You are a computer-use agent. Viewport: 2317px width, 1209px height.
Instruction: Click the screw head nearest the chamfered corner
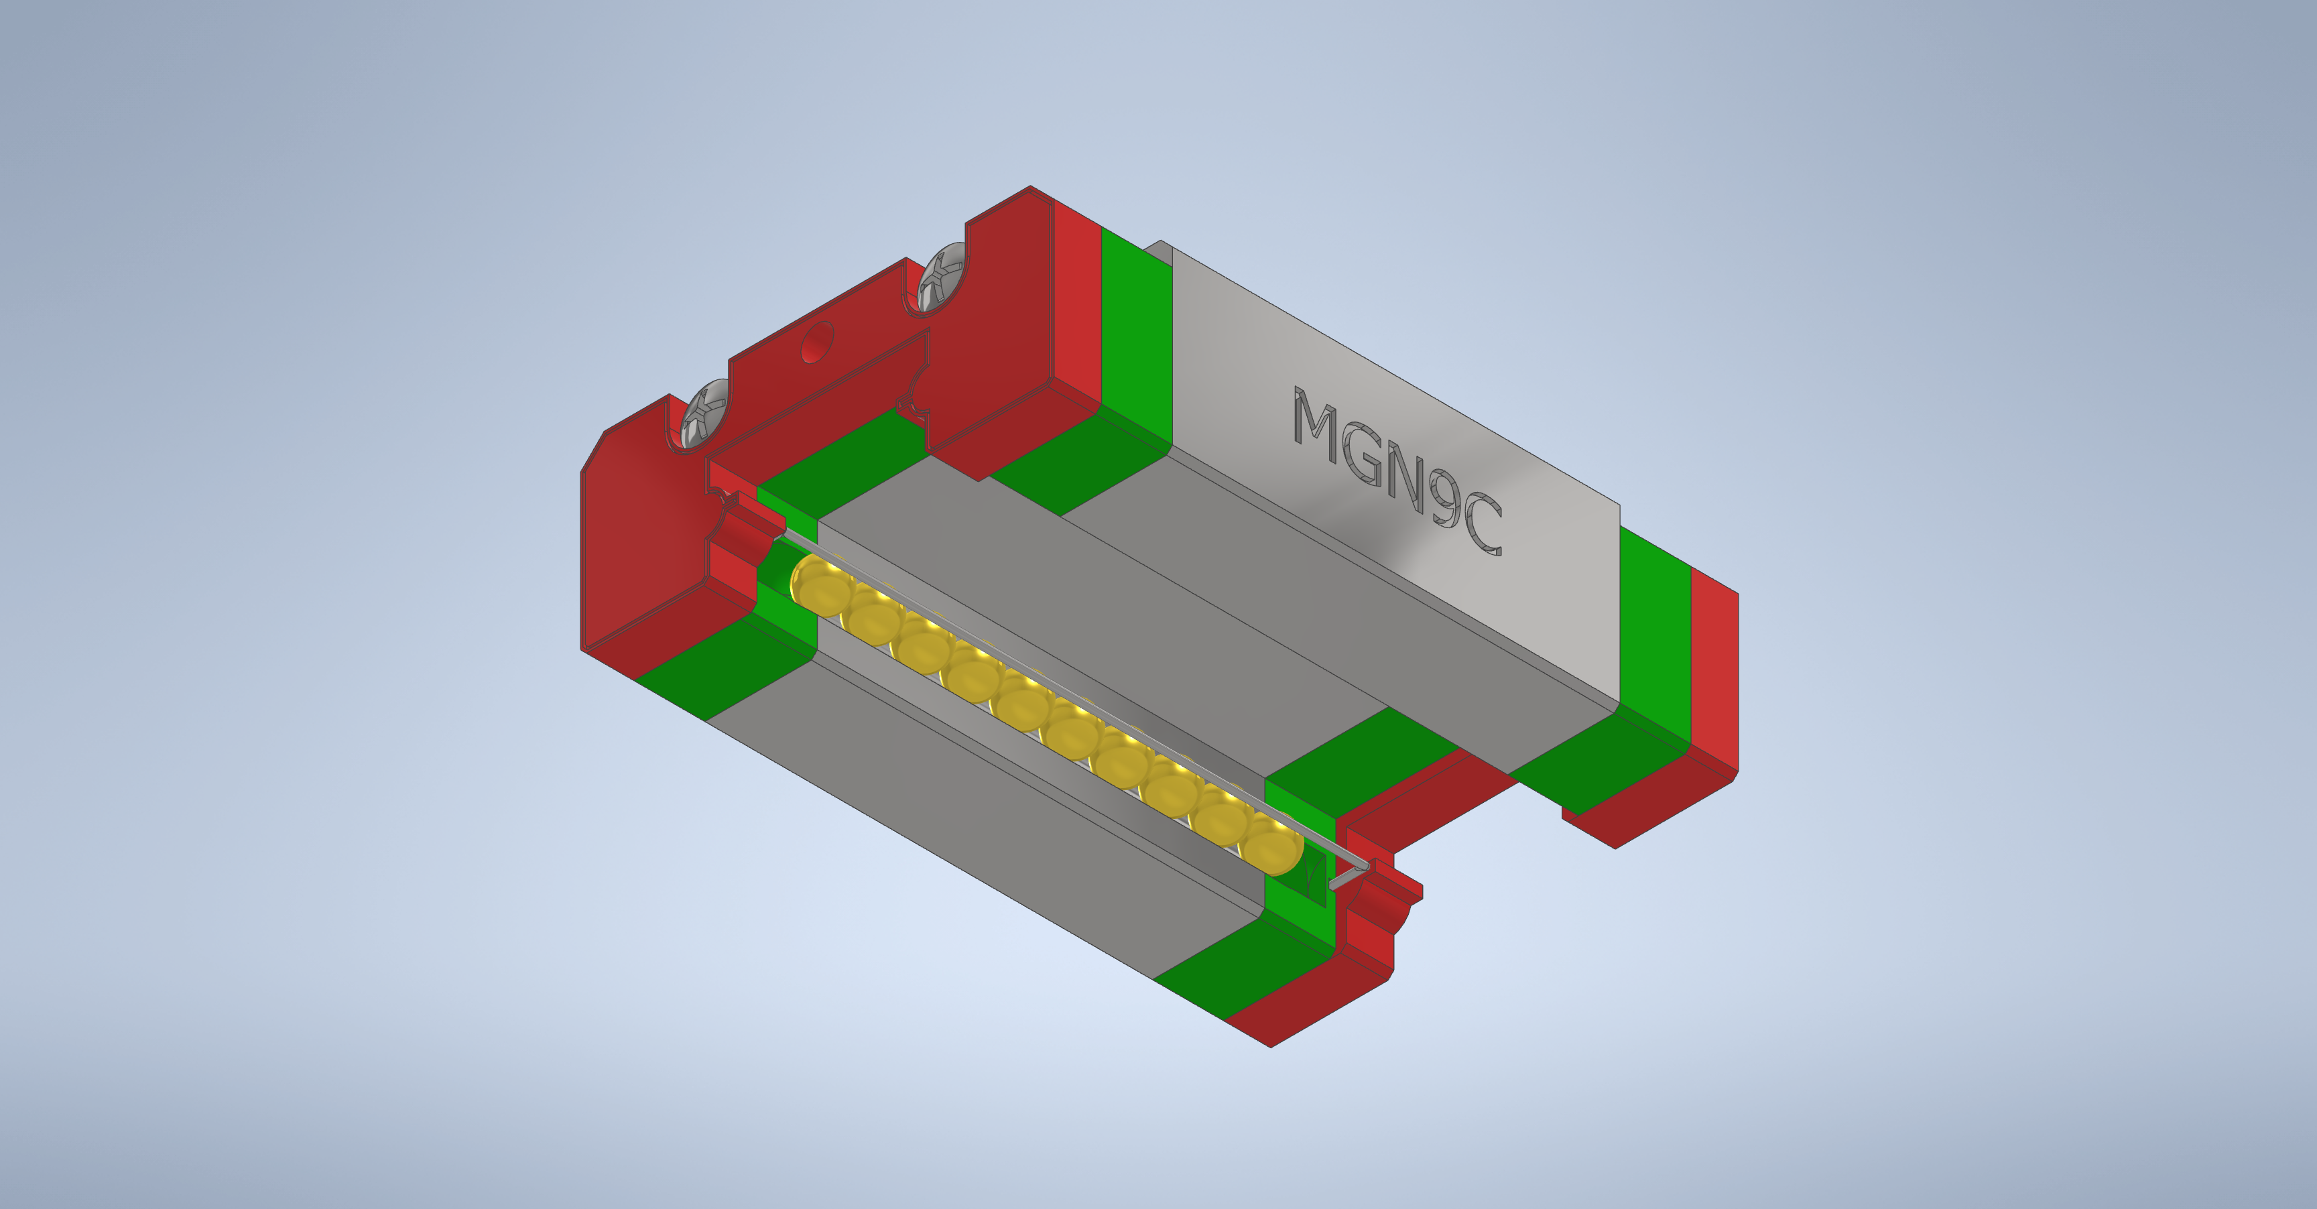pos(705,413)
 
